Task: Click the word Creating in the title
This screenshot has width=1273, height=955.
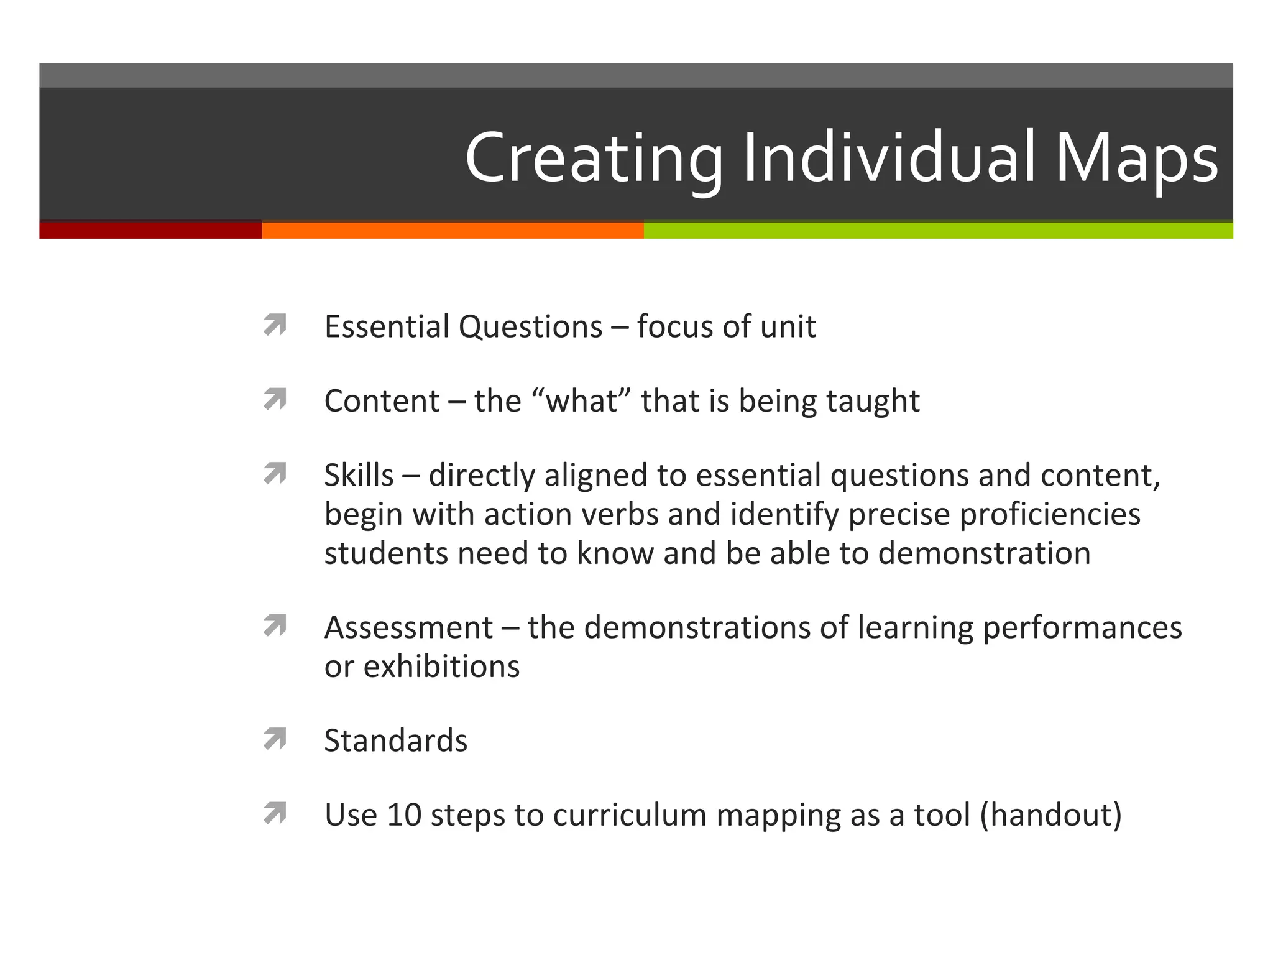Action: pos(594,159)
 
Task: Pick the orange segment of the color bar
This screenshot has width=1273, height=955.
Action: pos(453,230)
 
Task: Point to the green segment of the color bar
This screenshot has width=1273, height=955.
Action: pos(939,230)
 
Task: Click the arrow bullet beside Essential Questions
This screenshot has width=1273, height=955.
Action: pos(275,325)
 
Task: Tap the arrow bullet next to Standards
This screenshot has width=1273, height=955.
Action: pos(275,739)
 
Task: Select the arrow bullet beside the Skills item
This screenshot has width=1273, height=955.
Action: pos(275,474)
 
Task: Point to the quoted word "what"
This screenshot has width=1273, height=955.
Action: pos(582,401)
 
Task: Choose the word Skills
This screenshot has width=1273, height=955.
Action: pos(359,476)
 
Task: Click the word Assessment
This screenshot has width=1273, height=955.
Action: pos(408,627)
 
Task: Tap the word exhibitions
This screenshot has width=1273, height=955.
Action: pos(441,667)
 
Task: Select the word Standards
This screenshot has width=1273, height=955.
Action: pos(396,740)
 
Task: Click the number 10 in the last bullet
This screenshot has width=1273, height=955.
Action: pos(404,814)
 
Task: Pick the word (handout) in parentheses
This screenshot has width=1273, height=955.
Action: pos(1050,814)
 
